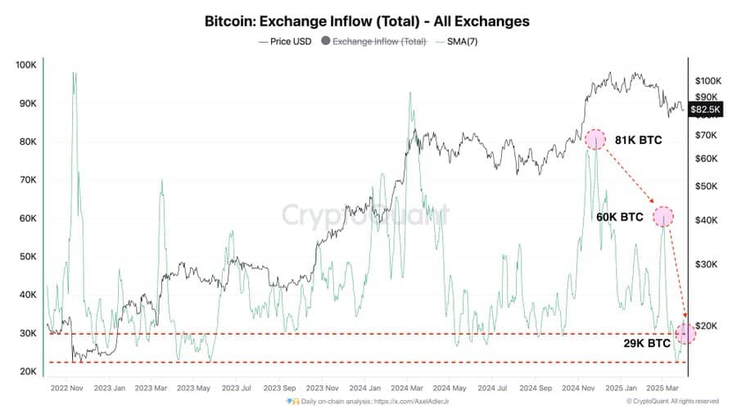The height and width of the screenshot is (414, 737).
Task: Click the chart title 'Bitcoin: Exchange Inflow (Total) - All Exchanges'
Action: pos(368,20)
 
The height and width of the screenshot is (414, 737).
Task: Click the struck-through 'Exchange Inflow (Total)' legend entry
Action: pos(379,40)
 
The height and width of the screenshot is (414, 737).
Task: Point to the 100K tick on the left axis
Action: pos(25,65)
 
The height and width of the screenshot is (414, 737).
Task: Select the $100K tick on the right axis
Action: pos(708,80)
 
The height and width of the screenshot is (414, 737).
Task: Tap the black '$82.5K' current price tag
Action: pos(705,109)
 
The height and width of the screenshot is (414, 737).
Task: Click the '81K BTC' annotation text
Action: pos(638,140)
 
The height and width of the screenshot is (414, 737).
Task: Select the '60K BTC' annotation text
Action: pos(620,217)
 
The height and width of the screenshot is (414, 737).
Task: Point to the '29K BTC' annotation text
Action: pos(647,344)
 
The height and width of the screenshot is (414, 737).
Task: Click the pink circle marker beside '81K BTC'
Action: pos(595,139)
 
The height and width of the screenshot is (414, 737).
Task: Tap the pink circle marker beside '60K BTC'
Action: pos(663,217)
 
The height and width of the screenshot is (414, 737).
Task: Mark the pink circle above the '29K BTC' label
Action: pos(685,333)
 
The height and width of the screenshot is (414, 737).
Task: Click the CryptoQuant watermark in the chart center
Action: pos(365,215)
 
